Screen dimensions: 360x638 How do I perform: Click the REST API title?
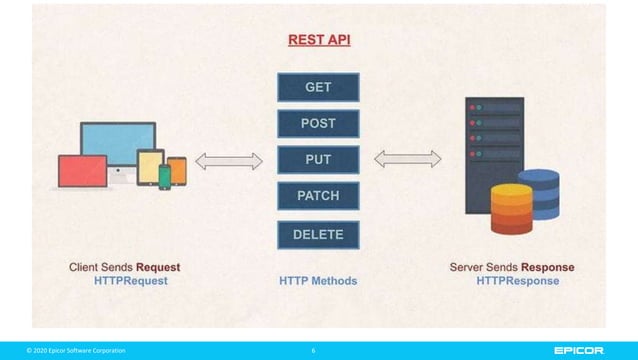click(318, 41)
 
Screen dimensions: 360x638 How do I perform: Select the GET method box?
click(318, 88)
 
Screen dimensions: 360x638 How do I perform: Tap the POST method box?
click(318, 124)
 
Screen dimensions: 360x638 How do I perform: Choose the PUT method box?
click(318, 160)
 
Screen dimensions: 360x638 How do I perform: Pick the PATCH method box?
click(318, 196)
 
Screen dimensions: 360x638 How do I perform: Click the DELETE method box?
click(318, 234)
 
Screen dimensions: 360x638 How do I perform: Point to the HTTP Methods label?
click(318, 281)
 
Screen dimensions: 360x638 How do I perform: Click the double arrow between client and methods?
click(228, 160)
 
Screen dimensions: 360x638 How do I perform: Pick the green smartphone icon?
click(165, 177)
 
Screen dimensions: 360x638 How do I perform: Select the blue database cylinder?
click(540, 192)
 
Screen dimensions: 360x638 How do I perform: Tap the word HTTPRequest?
click(131, 281)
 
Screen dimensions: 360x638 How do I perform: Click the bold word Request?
click(158, 268)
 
